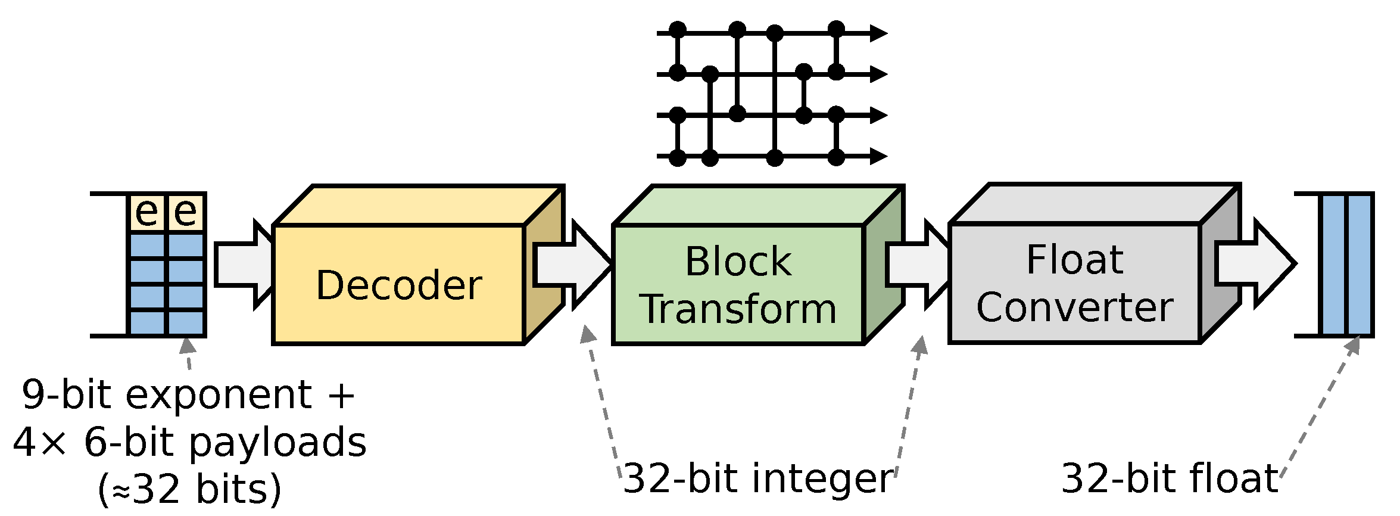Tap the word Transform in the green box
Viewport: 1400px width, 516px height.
point(739,309)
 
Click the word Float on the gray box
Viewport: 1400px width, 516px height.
point(1074,260)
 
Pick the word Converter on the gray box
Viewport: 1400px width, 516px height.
point(1074,307)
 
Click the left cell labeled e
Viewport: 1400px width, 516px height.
point(147,212)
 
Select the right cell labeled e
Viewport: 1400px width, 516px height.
point(186,212)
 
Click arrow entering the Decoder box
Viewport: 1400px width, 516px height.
point(241,265)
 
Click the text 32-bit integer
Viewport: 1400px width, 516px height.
point(757,478)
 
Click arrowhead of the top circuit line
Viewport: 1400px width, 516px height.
point(878,33)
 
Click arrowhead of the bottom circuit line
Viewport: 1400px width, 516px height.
point(878,157)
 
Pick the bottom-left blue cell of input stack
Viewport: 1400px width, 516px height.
point(147,324)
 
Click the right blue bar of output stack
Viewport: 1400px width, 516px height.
point(1360,265)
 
